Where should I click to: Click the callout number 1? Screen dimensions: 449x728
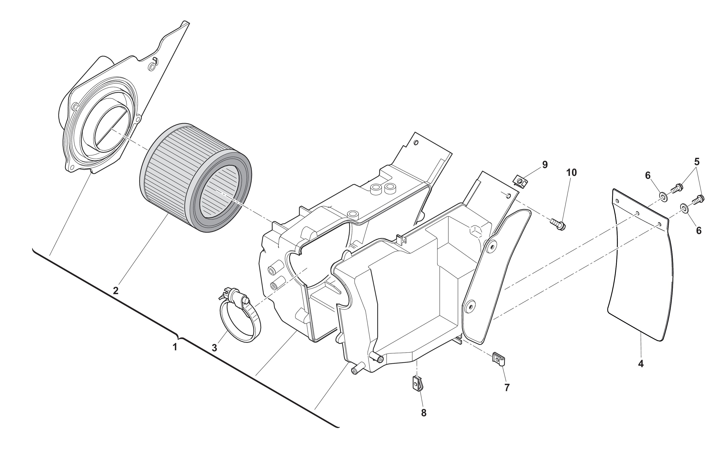click(x=175, y=347)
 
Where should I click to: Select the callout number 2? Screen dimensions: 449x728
click(x=116, y=290)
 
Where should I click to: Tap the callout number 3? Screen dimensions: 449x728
click(x=214, y=348)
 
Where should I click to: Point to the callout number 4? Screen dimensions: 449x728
click(x=641, y=363)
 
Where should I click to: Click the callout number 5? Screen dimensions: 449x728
click(x=696, y=162)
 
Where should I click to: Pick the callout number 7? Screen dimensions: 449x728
click(x=507, y=387)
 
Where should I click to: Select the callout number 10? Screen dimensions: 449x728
click(x=572, y=172)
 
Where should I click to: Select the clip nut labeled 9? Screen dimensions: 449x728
click(x=520, y=181)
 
